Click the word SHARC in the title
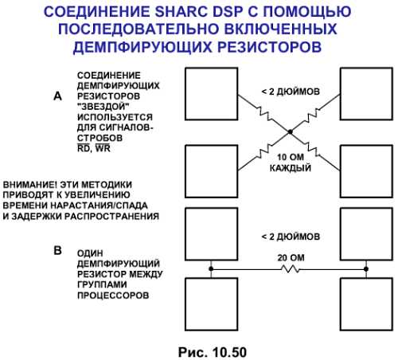coord(179,12)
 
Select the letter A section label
coord(57,96)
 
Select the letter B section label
coord(58,250)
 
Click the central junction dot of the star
coord(290,131)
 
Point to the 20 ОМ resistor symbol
coord(290,269)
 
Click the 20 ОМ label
coord(291,257)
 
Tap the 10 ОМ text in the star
coord(291,157)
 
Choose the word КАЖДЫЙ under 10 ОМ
coord(291,168)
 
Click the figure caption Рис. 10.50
coord(213,352)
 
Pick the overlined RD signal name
coord(84,148)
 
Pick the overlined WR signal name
coord(103,148)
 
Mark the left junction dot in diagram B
coord(211,269)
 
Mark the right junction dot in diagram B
coord(366,269)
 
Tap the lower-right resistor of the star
coord(314,149)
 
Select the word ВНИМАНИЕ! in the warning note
coord(29,185)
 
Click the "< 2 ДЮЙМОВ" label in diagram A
coord(291,92)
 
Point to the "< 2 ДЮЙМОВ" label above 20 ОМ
coord(291,237)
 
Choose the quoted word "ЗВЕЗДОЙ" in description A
coord(103,107)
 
